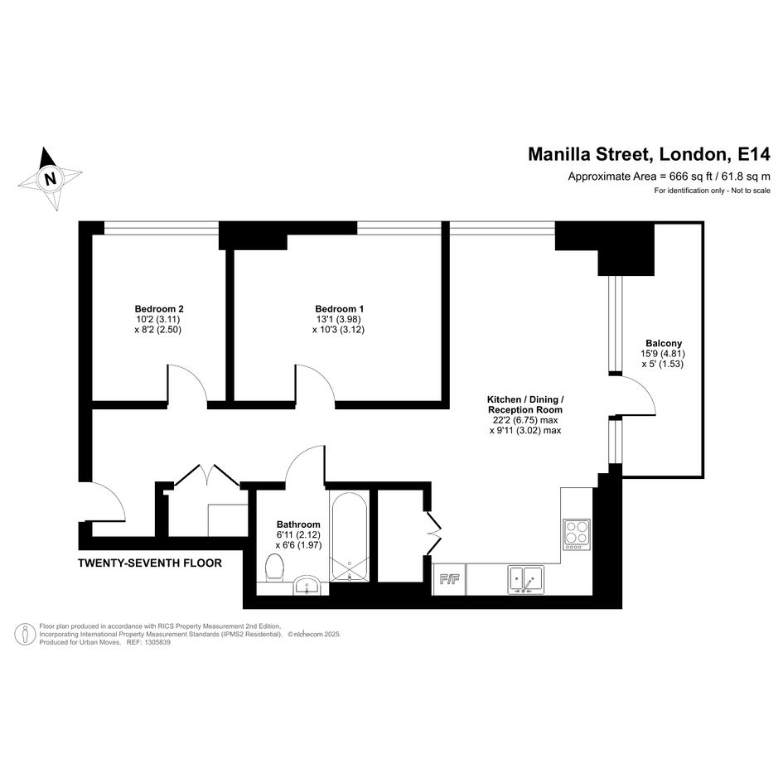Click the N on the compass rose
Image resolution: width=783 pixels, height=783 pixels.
coord(50,178)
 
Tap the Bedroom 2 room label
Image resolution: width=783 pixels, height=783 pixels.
coord(155,308)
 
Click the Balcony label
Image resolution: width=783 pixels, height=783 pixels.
coord(664,343)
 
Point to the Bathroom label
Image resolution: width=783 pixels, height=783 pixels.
coord(298,524)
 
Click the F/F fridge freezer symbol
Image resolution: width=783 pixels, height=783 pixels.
coord(449,579)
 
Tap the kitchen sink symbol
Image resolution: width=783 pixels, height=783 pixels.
coord(526,579)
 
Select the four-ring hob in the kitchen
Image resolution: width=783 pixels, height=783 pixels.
coord(577,534)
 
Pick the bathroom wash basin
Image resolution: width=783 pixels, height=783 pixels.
coord(306,585)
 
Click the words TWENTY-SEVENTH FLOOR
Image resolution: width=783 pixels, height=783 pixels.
coord(150,563)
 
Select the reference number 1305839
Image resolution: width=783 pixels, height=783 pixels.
coord(157,642)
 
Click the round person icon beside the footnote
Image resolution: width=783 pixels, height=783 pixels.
coord(25,634)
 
